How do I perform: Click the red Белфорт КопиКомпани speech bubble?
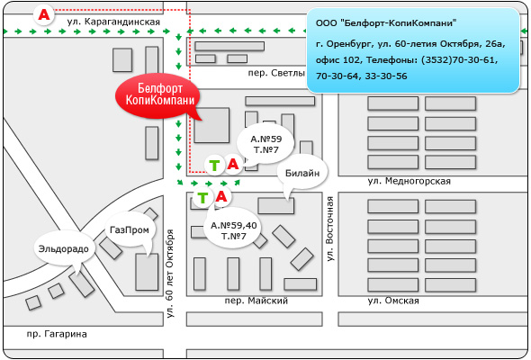[157, 95]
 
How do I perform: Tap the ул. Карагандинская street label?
[113, 22]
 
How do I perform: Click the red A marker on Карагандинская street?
[44, 14]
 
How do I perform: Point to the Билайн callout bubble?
[302, 173]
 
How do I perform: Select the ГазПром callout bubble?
[130, 230]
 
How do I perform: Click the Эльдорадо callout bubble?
[64, 249]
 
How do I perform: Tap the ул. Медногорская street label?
[409, 181]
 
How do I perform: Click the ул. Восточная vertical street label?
[329, 229]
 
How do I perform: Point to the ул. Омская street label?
[393, 301]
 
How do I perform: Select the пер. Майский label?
[256, 301]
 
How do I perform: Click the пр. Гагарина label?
[57, 334]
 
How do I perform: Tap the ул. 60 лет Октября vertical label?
[170, 274]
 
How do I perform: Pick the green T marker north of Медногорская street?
[214, 166]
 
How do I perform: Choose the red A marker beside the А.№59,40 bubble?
[221, 196]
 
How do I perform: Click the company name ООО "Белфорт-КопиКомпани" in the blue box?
[386, 23]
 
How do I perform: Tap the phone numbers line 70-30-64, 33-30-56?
[361, 76]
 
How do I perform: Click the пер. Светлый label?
[276, 73]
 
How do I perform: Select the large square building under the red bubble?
[212, 125]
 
